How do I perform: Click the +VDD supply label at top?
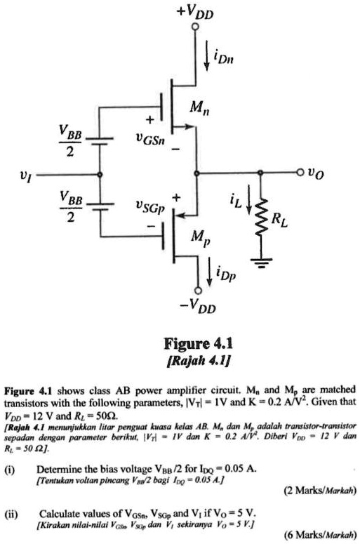pos(199,12)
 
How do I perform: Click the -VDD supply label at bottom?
pos(199,307)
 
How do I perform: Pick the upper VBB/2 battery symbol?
pos(100,139)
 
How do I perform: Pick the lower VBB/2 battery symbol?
pos(100,206)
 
